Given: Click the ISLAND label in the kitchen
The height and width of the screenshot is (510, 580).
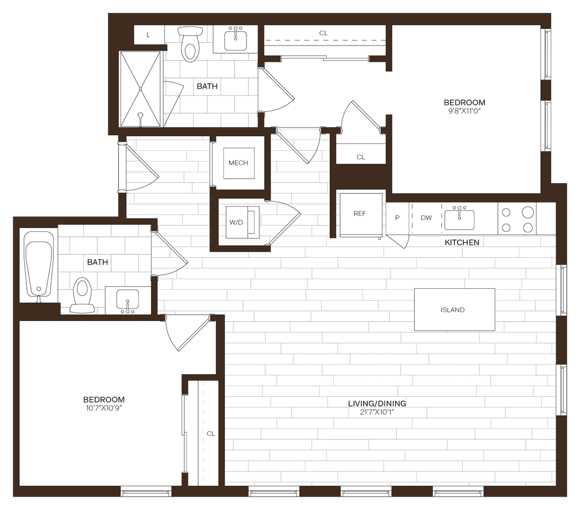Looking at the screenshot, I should pyautogui.click(x=453, y=310).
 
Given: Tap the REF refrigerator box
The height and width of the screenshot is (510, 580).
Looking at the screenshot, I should pyautogui.click(x=360, y=213).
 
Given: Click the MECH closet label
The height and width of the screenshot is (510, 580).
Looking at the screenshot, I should pyautogui.click(x=238, y=163).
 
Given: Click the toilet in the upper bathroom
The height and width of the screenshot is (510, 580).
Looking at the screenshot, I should pyautogui.click(x=190, y=45).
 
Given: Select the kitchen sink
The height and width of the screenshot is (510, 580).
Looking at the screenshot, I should pyautogui.click(x=459, y=218).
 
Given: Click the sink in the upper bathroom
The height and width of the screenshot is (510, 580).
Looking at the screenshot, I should pyautogui.click(x=235, y=39).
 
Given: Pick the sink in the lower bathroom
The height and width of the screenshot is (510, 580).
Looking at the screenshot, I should pyautogui.click(x=127, y=300).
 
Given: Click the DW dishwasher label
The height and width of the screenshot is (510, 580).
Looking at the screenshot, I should pyautogui.click(x=426, y=218).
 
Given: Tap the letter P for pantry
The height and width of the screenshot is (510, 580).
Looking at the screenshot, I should pyautogui.click(x=397, y=218).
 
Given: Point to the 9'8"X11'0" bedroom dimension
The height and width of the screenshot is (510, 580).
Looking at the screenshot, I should pyautogui.click(x=465, y=111).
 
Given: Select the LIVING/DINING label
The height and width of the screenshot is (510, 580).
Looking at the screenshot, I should pyautogui.click(x=377, y=404).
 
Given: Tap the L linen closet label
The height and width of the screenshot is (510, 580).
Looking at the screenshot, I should pyautogui.click(x=148, y=35).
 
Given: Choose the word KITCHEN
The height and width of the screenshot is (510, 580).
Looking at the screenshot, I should pyautogui.click(x=462, y=243).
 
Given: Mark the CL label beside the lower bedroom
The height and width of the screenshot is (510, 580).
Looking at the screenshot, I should pyautogui.click(x=211, y=434).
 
